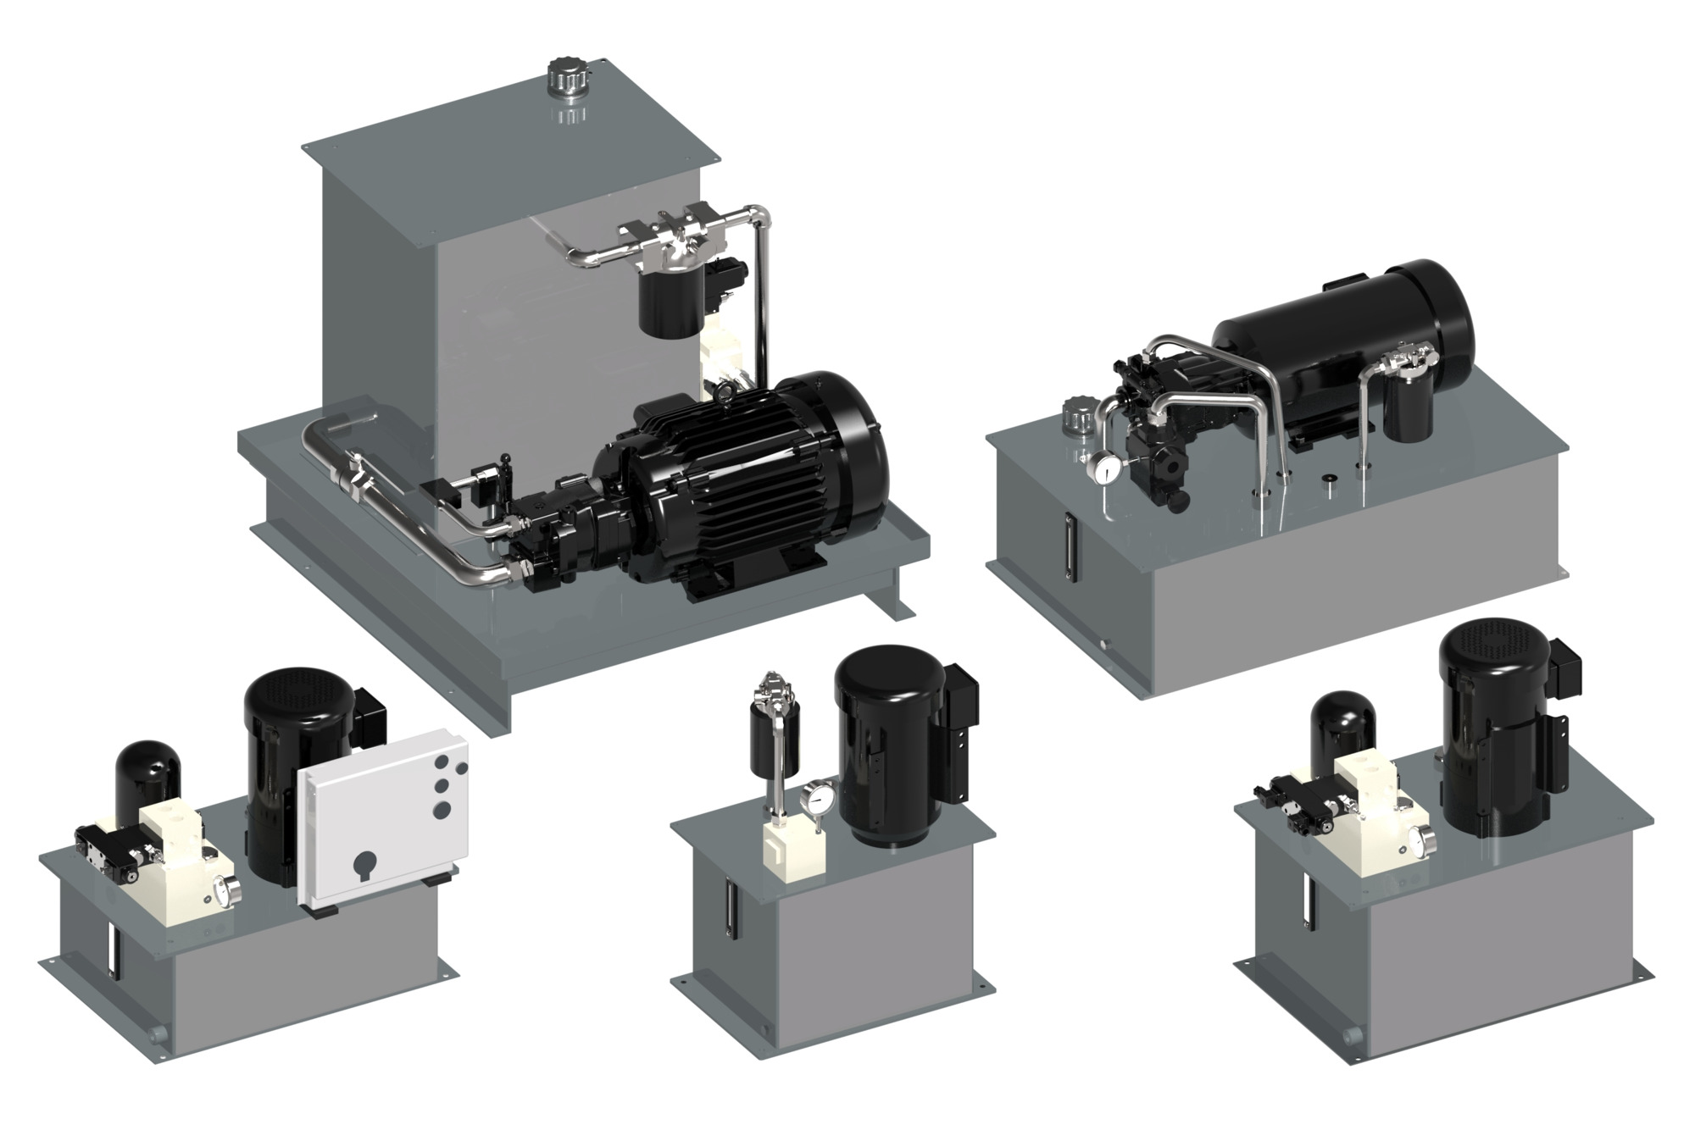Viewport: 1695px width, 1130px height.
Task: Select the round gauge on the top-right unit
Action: coord(1103,468)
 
